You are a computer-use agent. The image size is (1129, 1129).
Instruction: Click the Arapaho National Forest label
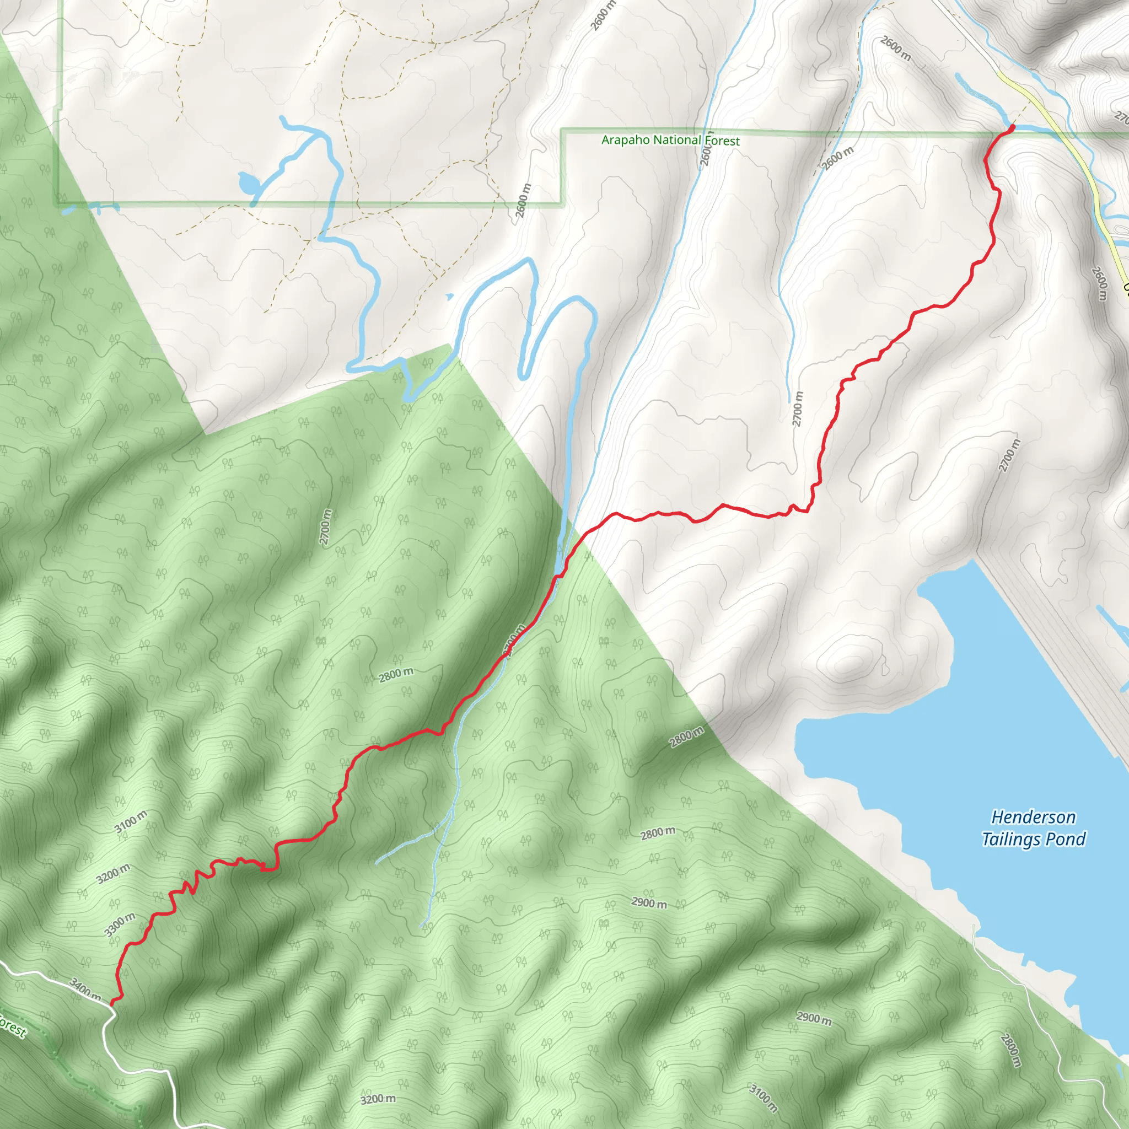coord(670,140)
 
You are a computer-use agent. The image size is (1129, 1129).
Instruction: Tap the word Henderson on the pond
coord(1033,817)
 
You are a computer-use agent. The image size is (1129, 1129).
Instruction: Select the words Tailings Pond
coord(1033,839)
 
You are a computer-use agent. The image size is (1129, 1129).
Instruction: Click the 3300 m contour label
coord(120,924)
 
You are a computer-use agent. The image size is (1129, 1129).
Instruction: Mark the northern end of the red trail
coord(1012,126)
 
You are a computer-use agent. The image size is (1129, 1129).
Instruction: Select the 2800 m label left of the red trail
coord(396,675)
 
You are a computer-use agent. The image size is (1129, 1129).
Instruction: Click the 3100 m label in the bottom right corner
coord(764,1098)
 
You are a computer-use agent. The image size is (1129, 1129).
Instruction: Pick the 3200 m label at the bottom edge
coord(378,1099)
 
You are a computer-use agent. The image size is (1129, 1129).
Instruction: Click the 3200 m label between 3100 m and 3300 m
coord(113,874)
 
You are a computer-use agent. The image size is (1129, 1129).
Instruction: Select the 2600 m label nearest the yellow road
coord(1099,283)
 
